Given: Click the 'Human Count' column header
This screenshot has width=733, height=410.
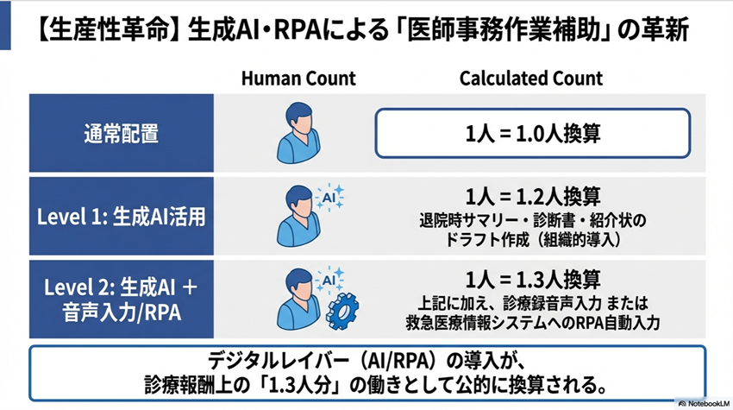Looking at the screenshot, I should tap(298, 79).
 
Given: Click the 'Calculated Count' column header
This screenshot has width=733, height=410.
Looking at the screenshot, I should tap(530, 79).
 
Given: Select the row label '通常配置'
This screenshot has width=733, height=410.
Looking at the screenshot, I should tap(122, 135).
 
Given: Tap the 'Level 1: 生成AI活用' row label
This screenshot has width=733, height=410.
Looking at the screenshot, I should tap(122, 217).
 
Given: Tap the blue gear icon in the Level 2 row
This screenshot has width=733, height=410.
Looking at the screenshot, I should tap(342, 307).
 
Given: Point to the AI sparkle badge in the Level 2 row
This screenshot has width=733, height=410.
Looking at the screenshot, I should tap(329, 279).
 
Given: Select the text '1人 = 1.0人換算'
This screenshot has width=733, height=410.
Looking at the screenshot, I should tap(532, 135).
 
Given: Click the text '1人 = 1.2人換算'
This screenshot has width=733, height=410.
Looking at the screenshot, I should tap(532, 195).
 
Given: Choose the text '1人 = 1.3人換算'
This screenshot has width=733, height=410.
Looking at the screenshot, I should tap(532, 279).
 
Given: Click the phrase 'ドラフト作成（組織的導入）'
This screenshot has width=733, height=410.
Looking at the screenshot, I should tap(532, 237).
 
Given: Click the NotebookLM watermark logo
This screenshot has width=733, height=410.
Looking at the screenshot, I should tap(705, 402).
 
